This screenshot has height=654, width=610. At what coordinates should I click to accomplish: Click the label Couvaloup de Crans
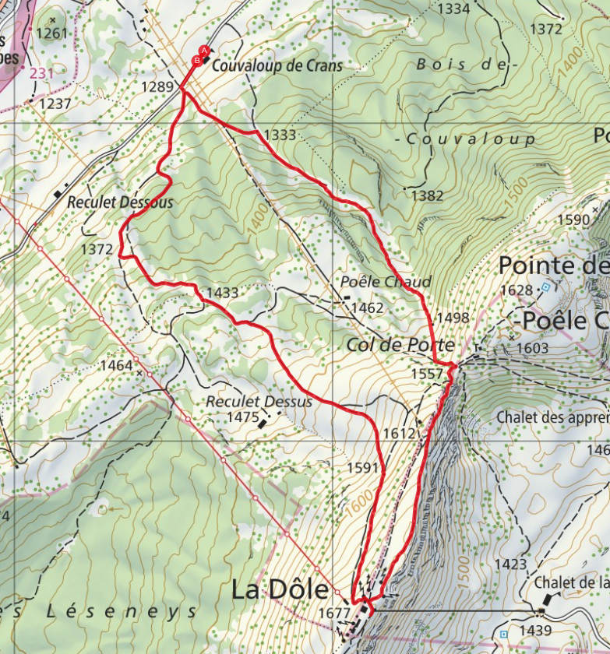pyautogui.click(x=277, y=66)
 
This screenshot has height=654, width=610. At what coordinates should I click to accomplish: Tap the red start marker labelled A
pyautogui.click(x=204, y=51)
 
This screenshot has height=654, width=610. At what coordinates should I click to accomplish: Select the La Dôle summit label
pyautogui.click(x=280, y=589)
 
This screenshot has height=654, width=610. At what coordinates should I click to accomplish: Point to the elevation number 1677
pyautogui.click(x=333, y=614)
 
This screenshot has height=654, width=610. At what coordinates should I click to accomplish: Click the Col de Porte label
pyautogui.click(x=401, y=343)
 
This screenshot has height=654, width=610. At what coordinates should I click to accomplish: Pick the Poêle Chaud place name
pyautogui.click(x=386, y=281)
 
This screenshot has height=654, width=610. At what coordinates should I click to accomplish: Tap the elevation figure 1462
pyautogui.click(x=367, y=308)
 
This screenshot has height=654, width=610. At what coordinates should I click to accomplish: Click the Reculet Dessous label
pyautogui.click(x=120, y=202)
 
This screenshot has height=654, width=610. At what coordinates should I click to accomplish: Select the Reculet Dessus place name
pyautogui.click(x=259, y=402)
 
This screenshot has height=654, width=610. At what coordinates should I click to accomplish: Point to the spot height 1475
pyautogui.click(x=242, y=417)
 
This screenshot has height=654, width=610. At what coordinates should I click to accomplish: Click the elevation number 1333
pyautogui.click(x=280, y=135)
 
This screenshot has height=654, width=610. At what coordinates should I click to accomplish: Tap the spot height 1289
pyautogui.click(x=157, y=86)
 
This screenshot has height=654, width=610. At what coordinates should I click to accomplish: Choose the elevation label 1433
pyautogui.click(x=222, y=293)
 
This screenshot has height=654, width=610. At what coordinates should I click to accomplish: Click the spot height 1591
pyautogui.click(x=364, y=468)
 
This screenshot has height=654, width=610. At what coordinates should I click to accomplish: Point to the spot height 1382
pyautogui.click(x=427, y=195)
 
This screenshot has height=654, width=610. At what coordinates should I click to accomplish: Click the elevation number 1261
pyautogui.click(x=52, y=33)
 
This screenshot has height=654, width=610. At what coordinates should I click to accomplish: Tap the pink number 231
pyautogui.click(x=41, y=73)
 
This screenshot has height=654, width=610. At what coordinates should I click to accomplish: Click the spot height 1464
pyautogui.click(x=117, y=364)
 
